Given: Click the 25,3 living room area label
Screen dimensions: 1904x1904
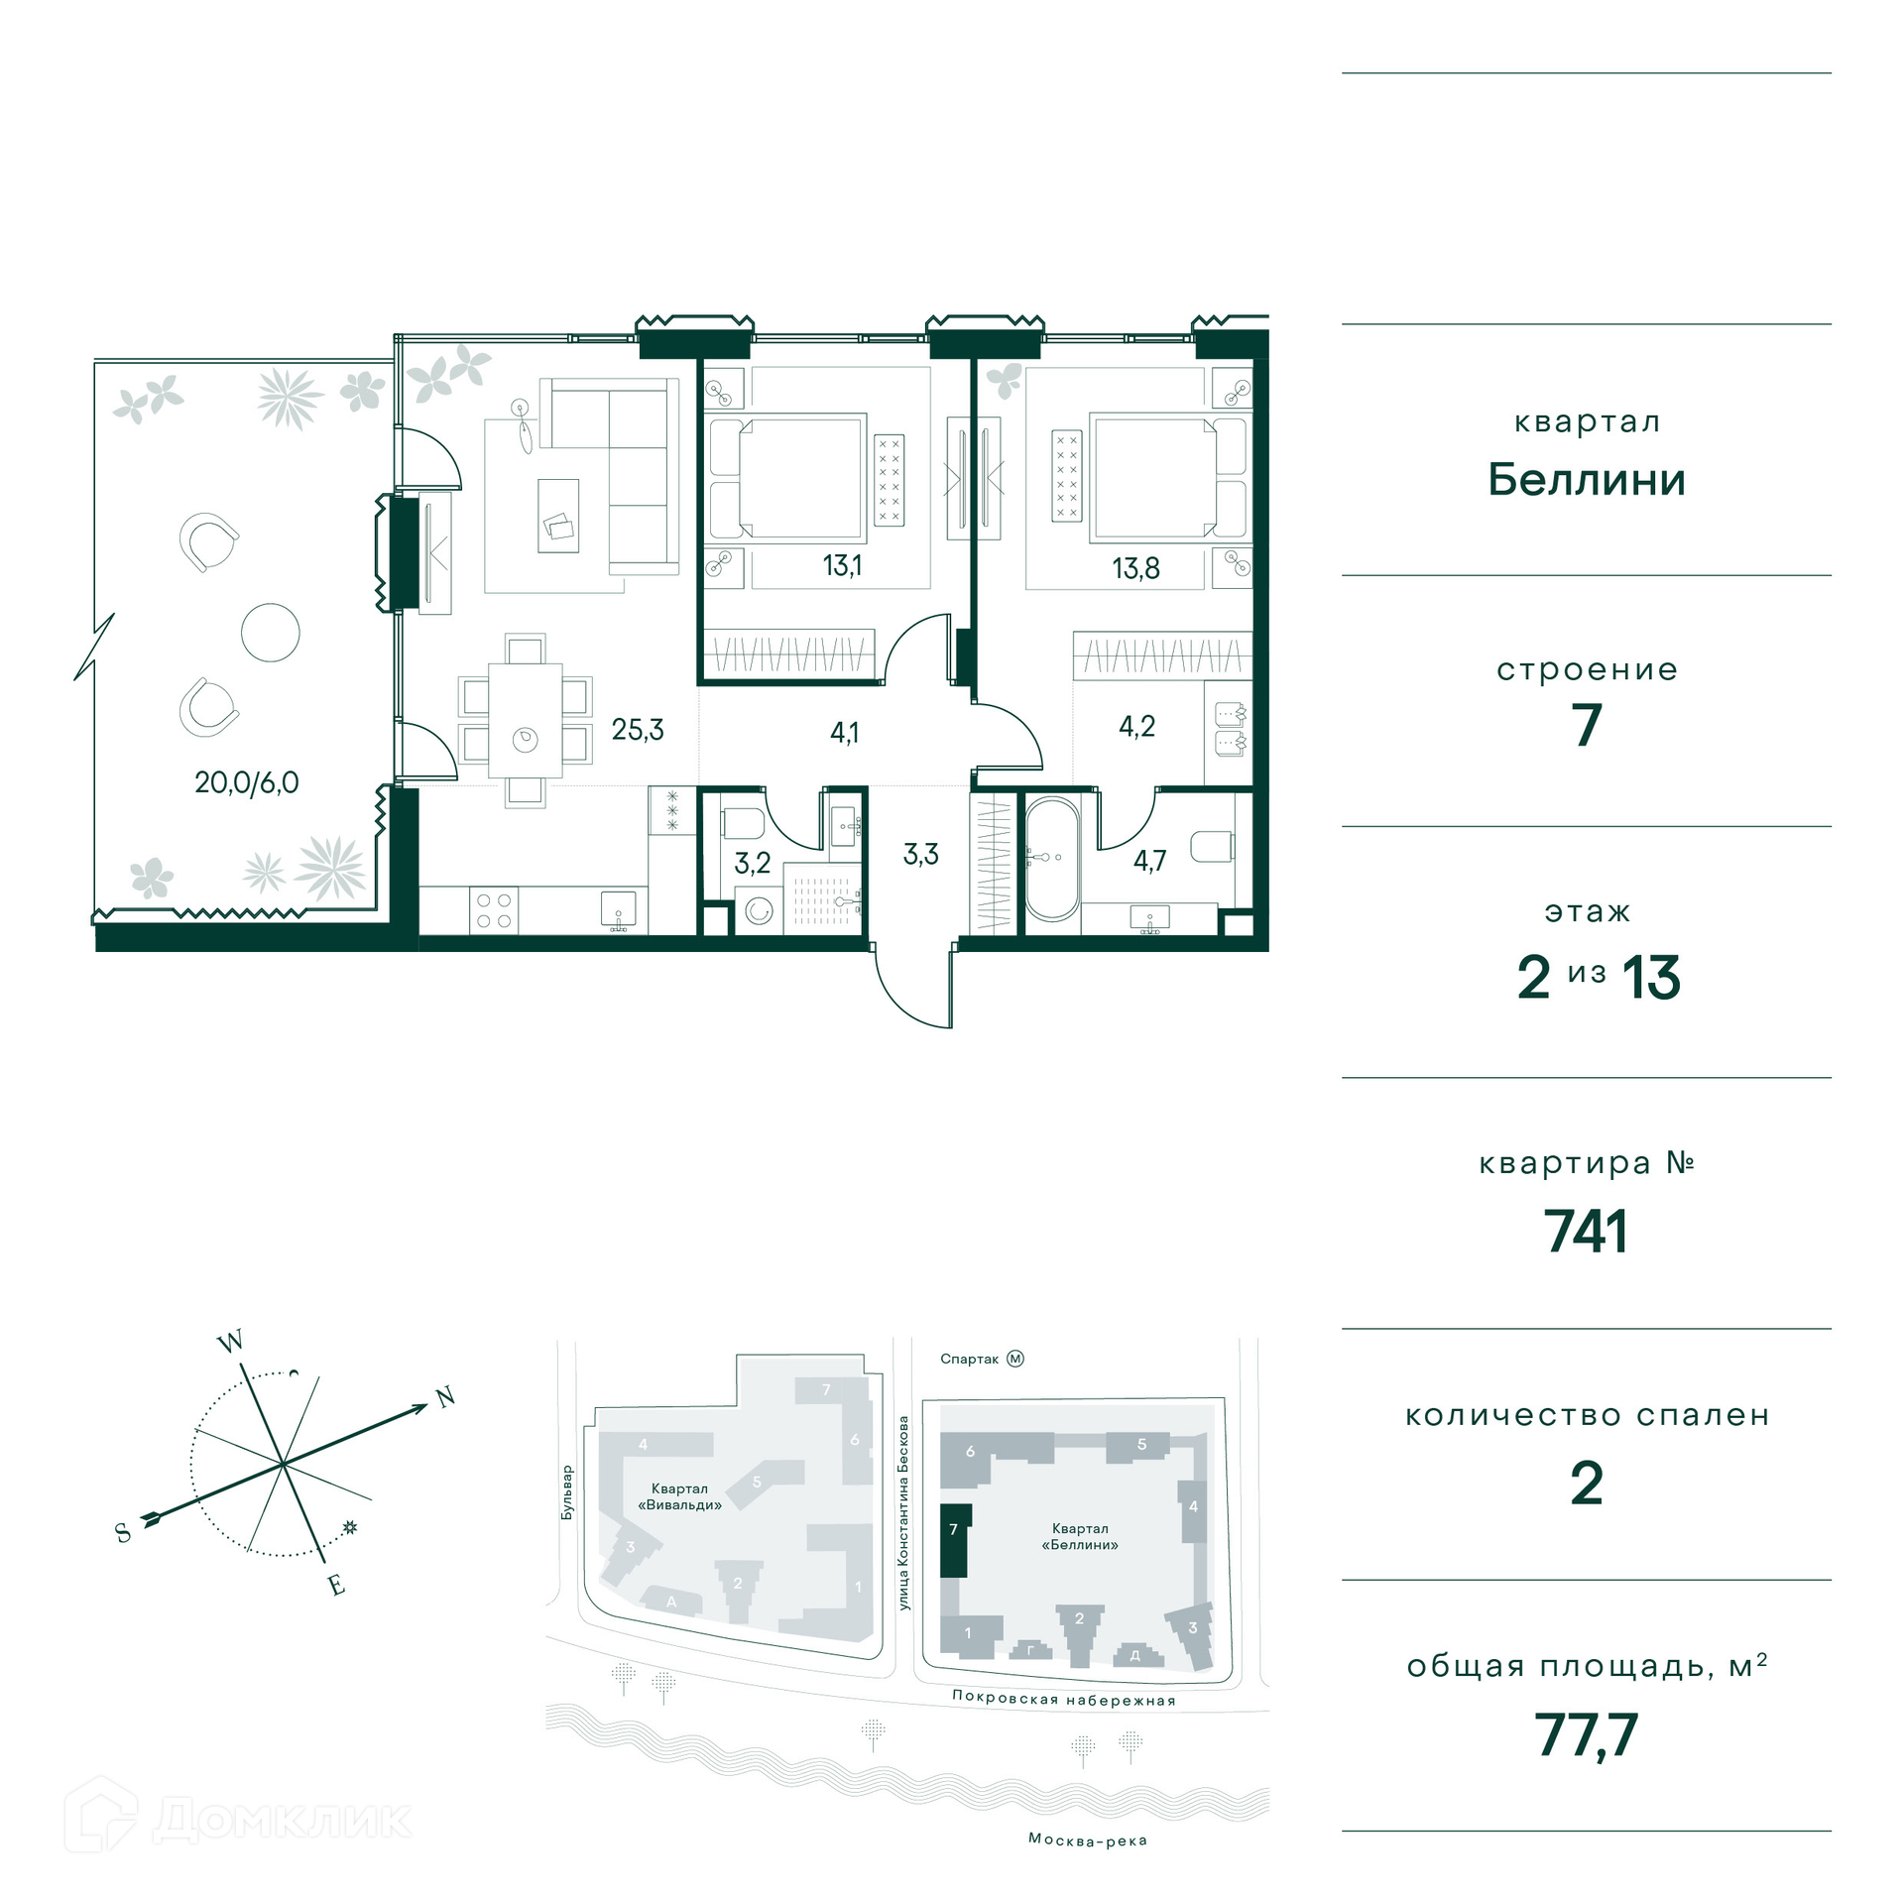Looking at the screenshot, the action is pyautogui.click(x=638, y=730).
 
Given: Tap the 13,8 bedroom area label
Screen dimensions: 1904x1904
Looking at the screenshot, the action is pyautogui.click(x=1135, y=568).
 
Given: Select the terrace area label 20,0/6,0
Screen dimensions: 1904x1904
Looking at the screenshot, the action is pyautogui.click(x=247, y=782).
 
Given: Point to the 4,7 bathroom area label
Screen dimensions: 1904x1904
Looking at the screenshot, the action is pyautogui.click(x=1149, y=860).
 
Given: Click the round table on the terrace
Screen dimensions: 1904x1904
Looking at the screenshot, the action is pyautogui.click(x=271, y=633).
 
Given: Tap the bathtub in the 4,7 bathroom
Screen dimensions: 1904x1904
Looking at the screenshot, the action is pyautogui.click(x=1051, y=859).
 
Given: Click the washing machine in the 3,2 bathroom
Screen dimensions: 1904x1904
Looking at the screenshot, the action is pyautogui.click(x=759, y=910).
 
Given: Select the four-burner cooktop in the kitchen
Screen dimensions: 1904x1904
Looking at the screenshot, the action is pyautogui.click(x=493, y=910).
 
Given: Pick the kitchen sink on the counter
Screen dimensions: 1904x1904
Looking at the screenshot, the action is pyautogui.click(x=618, y=909).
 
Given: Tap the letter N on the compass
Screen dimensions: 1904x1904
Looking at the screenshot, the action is pyautogui.click(x=446, y=1397).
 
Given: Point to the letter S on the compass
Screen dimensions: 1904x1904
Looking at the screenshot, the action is pyautogui.click(x=123, y=1533).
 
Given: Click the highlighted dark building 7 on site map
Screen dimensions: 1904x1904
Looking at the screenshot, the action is pyautogui.click(x=953, y=1540).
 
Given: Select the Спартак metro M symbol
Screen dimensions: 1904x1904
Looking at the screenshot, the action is pyautogui.click(x=1015, y=1359).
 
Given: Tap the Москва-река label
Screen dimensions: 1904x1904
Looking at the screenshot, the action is pyautogui.click(x=1088, y=1840).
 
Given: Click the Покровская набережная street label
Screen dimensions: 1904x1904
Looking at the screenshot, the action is pyautogui.click(x=1063, y=1698).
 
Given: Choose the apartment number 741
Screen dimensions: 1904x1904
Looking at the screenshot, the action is pyautogui.click(x=1586, y=1232).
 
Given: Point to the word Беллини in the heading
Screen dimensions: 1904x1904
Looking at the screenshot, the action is pyautogui.click(x=1587, y=480).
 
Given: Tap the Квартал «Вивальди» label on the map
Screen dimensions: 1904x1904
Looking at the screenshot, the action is pyautogui.click(x=679, y=1496).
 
